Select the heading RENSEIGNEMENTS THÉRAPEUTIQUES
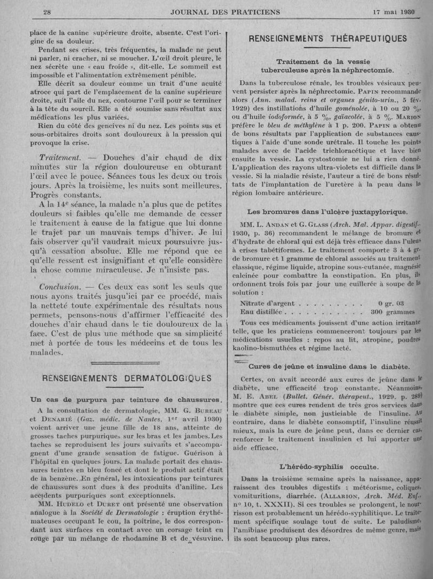(x=327, y=38)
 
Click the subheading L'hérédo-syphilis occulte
(x=329, y=466)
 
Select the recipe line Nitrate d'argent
(x=265, y=303)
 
